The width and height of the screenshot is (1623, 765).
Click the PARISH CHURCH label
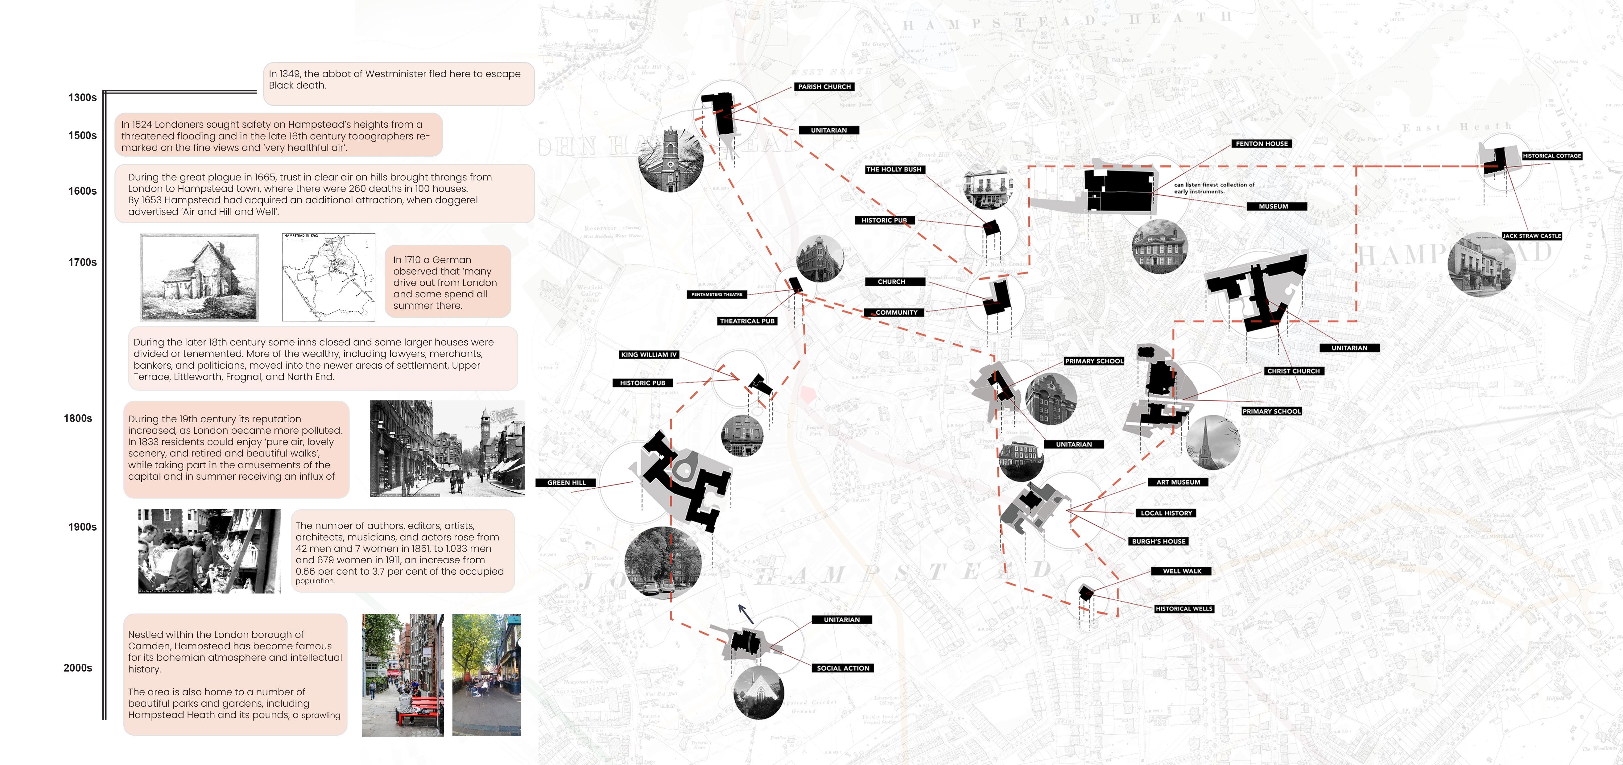pos(824,87)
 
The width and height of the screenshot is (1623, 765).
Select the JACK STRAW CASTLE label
pos(1532,236)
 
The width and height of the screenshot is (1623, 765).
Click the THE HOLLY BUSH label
pos(894,170)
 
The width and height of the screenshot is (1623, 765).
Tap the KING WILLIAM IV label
pos(648,355)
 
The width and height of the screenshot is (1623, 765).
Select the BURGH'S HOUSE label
pos(1159,541)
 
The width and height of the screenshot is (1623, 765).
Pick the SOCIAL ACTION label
pos(843,668)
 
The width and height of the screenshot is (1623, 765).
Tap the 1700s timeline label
pos(83,262)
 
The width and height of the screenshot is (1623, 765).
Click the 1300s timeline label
pos(83,98)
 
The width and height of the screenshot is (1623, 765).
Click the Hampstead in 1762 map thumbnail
pos(328,277)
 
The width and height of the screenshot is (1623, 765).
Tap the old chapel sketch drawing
pos(199,277)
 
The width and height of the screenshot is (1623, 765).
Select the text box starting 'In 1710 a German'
pos(447,282)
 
